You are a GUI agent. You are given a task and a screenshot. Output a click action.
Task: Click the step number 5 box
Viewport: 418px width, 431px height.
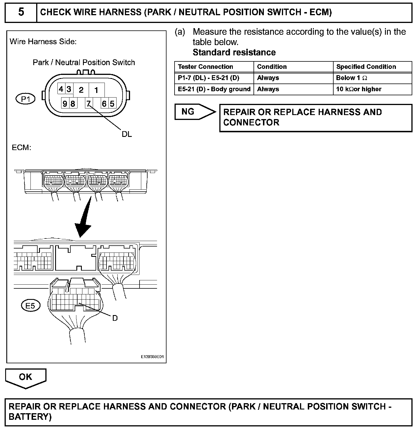(x=21, y=12)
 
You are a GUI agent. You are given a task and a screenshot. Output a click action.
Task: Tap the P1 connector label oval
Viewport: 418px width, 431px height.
(x=25, y=99)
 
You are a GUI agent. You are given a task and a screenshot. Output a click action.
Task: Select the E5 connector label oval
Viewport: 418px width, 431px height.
(x=30, y=306)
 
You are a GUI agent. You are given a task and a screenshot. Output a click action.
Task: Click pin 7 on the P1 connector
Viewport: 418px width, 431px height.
(x=89, y=103)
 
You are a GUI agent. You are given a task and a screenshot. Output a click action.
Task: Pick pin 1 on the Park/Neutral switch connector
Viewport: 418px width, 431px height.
(x=96, y=90)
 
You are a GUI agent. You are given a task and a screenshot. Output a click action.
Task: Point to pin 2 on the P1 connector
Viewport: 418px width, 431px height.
(x=81, y=90)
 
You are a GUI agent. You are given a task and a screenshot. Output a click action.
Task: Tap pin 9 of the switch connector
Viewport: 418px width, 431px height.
(x=65, y=103)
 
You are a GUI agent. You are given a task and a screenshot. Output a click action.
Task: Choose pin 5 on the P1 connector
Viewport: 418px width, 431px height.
(x=112, y=103)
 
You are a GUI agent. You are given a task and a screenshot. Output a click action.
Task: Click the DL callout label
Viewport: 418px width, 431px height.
(x=127, y=134)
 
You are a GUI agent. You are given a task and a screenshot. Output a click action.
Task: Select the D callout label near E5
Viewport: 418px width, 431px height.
(x=115, y=318)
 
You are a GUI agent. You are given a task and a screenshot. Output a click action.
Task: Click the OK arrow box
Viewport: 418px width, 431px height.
(x=26, y=378)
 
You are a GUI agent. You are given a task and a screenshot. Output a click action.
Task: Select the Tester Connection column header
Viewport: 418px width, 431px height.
(x=206, y=67)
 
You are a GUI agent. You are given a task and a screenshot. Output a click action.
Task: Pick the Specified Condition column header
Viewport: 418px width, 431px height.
(x=366, y=67)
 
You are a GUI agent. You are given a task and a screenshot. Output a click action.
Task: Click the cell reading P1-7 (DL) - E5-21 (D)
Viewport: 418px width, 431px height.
(x=208, y=78)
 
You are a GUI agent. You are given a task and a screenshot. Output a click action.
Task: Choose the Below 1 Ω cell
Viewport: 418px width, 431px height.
(x=351, y=78)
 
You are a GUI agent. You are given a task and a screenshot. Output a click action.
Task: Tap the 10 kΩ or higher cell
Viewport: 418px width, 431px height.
(x=359, y=89)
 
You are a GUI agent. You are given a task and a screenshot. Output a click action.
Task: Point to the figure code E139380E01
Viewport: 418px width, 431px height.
(x=152, y=357)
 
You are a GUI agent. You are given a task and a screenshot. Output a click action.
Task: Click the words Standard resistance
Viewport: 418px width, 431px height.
(x=234, y=53)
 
